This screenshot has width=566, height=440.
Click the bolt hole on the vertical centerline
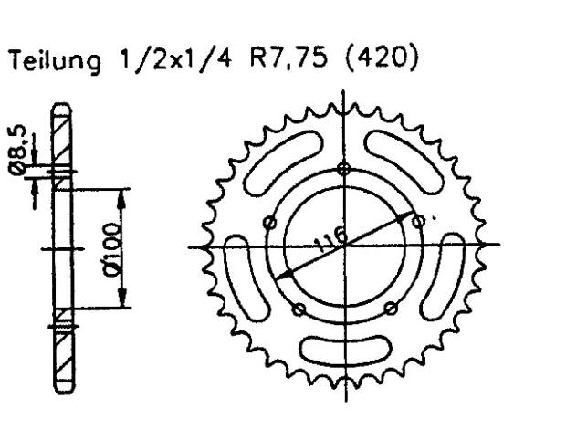(343, 169)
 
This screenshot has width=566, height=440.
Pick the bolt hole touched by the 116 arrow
(419, 219)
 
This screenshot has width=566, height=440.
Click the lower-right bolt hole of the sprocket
(390, 309)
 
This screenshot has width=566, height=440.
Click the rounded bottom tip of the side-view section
(61, 393)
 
